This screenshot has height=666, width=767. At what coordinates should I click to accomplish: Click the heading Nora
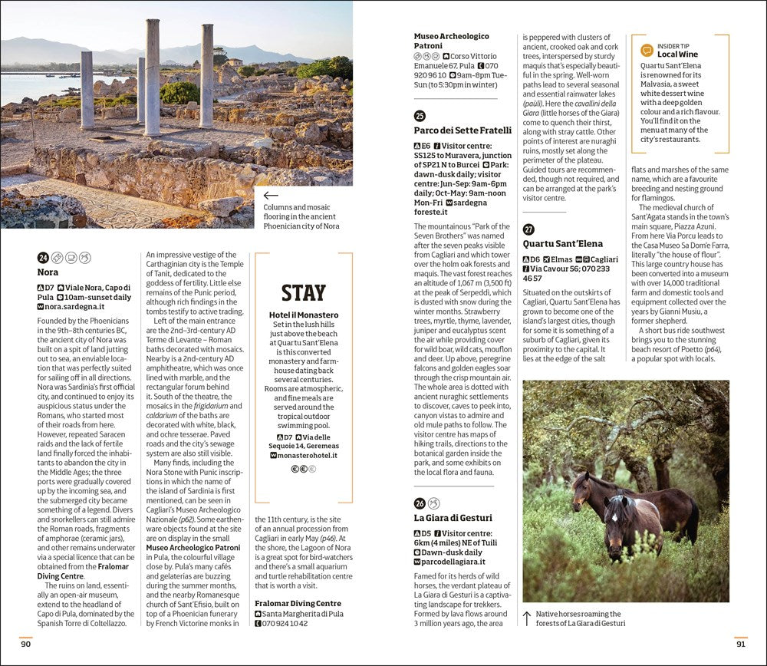click(48, 272)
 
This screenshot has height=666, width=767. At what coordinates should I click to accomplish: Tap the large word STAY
click(303, 293)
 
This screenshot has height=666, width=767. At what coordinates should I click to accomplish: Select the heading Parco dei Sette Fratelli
click(463, 130)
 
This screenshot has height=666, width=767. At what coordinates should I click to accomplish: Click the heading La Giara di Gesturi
click(453, 518)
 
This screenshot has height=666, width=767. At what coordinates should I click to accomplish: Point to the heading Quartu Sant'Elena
click(563, 244)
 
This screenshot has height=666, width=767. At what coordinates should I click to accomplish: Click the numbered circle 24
click(43, 257)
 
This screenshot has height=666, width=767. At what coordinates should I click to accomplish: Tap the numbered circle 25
click(420, 116)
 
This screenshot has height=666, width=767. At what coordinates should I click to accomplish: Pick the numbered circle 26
click(420, 503)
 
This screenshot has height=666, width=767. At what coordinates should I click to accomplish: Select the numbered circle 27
click(528, 229)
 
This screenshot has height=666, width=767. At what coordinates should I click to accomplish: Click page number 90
click(26, 644)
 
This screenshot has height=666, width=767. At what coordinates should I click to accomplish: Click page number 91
click(740, 644)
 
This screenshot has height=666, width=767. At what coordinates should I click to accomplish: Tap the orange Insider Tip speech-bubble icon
click(647, 51)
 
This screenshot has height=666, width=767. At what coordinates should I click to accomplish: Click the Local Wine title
click(677, 55)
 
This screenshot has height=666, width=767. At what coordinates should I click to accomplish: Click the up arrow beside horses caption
click(527, 617)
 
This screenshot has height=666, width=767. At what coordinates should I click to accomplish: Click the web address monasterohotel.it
click(307, 455)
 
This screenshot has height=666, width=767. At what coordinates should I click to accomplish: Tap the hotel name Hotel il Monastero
click(304, 315)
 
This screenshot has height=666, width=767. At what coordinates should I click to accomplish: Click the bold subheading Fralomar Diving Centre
click(298, 604)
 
